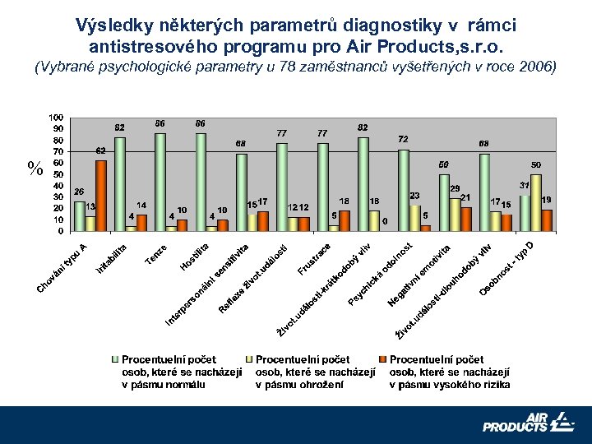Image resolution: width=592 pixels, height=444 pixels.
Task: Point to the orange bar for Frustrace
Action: pos(344,221)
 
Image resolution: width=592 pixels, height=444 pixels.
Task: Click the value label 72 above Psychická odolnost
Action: pos(404,140)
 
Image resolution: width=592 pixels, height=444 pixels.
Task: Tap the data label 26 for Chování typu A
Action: pos(79,192)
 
